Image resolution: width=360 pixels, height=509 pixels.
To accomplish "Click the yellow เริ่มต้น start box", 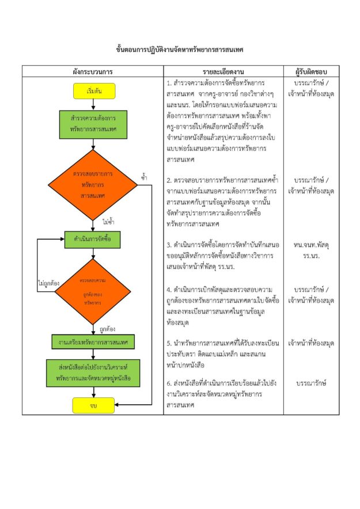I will click(93, 91).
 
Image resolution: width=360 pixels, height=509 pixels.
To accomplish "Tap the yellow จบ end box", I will click(93, 405).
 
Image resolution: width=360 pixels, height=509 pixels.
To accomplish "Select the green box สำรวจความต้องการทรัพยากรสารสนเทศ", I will click(93, 124).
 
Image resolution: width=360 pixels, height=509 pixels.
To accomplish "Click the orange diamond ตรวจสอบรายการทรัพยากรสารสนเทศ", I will click(93, 184).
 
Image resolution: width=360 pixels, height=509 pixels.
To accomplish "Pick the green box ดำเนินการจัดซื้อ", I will click(93, 238).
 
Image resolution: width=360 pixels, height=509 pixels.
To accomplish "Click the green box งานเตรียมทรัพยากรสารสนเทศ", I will click(93, 342).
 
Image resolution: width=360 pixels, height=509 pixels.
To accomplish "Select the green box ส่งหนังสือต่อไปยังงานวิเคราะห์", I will click(93, 372).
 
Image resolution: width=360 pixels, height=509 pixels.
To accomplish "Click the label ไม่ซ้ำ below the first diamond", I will click(108, 221).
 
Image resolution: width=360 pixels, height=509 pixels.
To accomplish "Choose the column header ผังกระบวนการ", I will click(93, 72).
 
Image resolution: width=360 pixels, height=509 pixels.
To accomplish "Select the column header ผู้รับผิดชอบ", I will click(311, 72).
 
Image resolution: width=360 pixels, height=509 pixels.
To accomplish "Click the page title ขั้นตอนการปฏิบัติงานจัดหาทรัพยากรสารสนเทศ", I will click(180, 50).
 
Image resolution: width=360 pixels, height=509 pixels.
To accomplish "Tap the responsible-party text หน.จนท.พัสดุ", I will click(311, 244).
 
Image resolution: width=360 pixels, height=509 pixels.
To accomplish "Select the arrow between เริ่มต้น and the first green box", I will click(93, 104).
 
